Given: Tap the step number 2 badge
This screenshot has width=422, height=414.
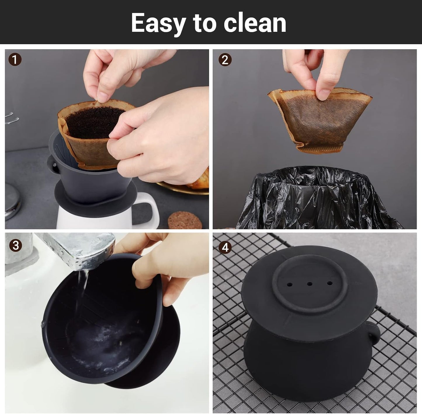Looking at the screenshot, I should point(225,60).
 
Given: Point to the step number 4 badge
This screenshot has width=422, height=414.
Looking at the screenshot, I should point(225,247).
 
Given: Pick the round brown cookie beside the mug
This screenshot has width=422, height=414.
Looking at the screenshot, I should point(185,221).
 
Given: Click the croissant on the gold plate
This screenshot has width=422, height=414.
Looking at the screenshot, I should point(202,180).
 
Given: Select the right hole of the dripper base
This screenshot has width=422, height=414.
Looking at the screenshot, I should point(330,283).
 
